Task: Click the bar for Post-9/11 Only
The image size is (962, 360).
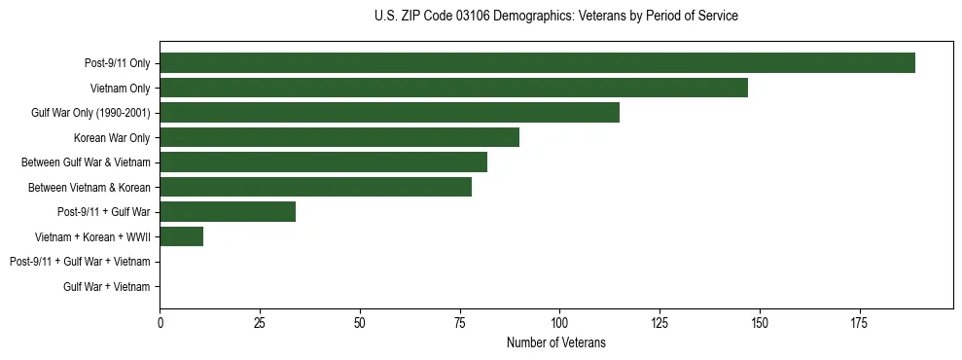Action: tap(537, 63)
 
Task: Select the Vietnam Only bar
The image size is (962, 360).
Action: tap(453, 88)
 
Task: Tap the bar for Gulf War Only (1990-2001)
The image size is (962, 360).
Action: tap(389, 113)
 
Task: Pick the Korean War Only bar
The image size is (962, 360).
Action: tap(339, 137)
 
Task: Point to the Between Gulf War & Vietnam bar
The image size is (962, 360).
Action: tap(323, 162)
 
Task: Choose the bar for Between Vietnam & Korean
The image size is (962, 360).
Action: tap(315, 187)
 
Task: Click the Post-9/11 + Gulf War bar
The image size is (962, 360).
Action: tap(228, 212)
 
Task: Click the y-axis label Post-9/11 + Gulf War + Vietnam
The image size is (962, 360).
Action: tap(80, 262)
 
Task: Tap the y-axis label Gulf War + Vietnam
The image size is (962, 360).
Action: tap(107, 287)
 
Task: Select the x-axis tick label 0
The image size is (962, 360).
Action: tap(160, 322)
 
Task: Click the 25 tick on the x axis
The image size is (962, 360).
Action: tap(260, 322)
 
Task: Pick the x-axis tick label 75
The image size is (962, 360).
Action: tap(460, 322)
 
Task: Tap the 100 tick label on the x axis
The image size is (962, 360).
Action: tap(559, 322)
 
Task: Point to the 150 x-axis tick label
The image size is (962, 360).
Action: tap(760, 322)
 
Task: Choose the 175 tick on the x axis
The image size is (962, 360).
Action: tap(859, 322)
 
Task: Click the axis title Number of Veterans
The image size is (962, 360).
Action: tap(555, 342)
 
